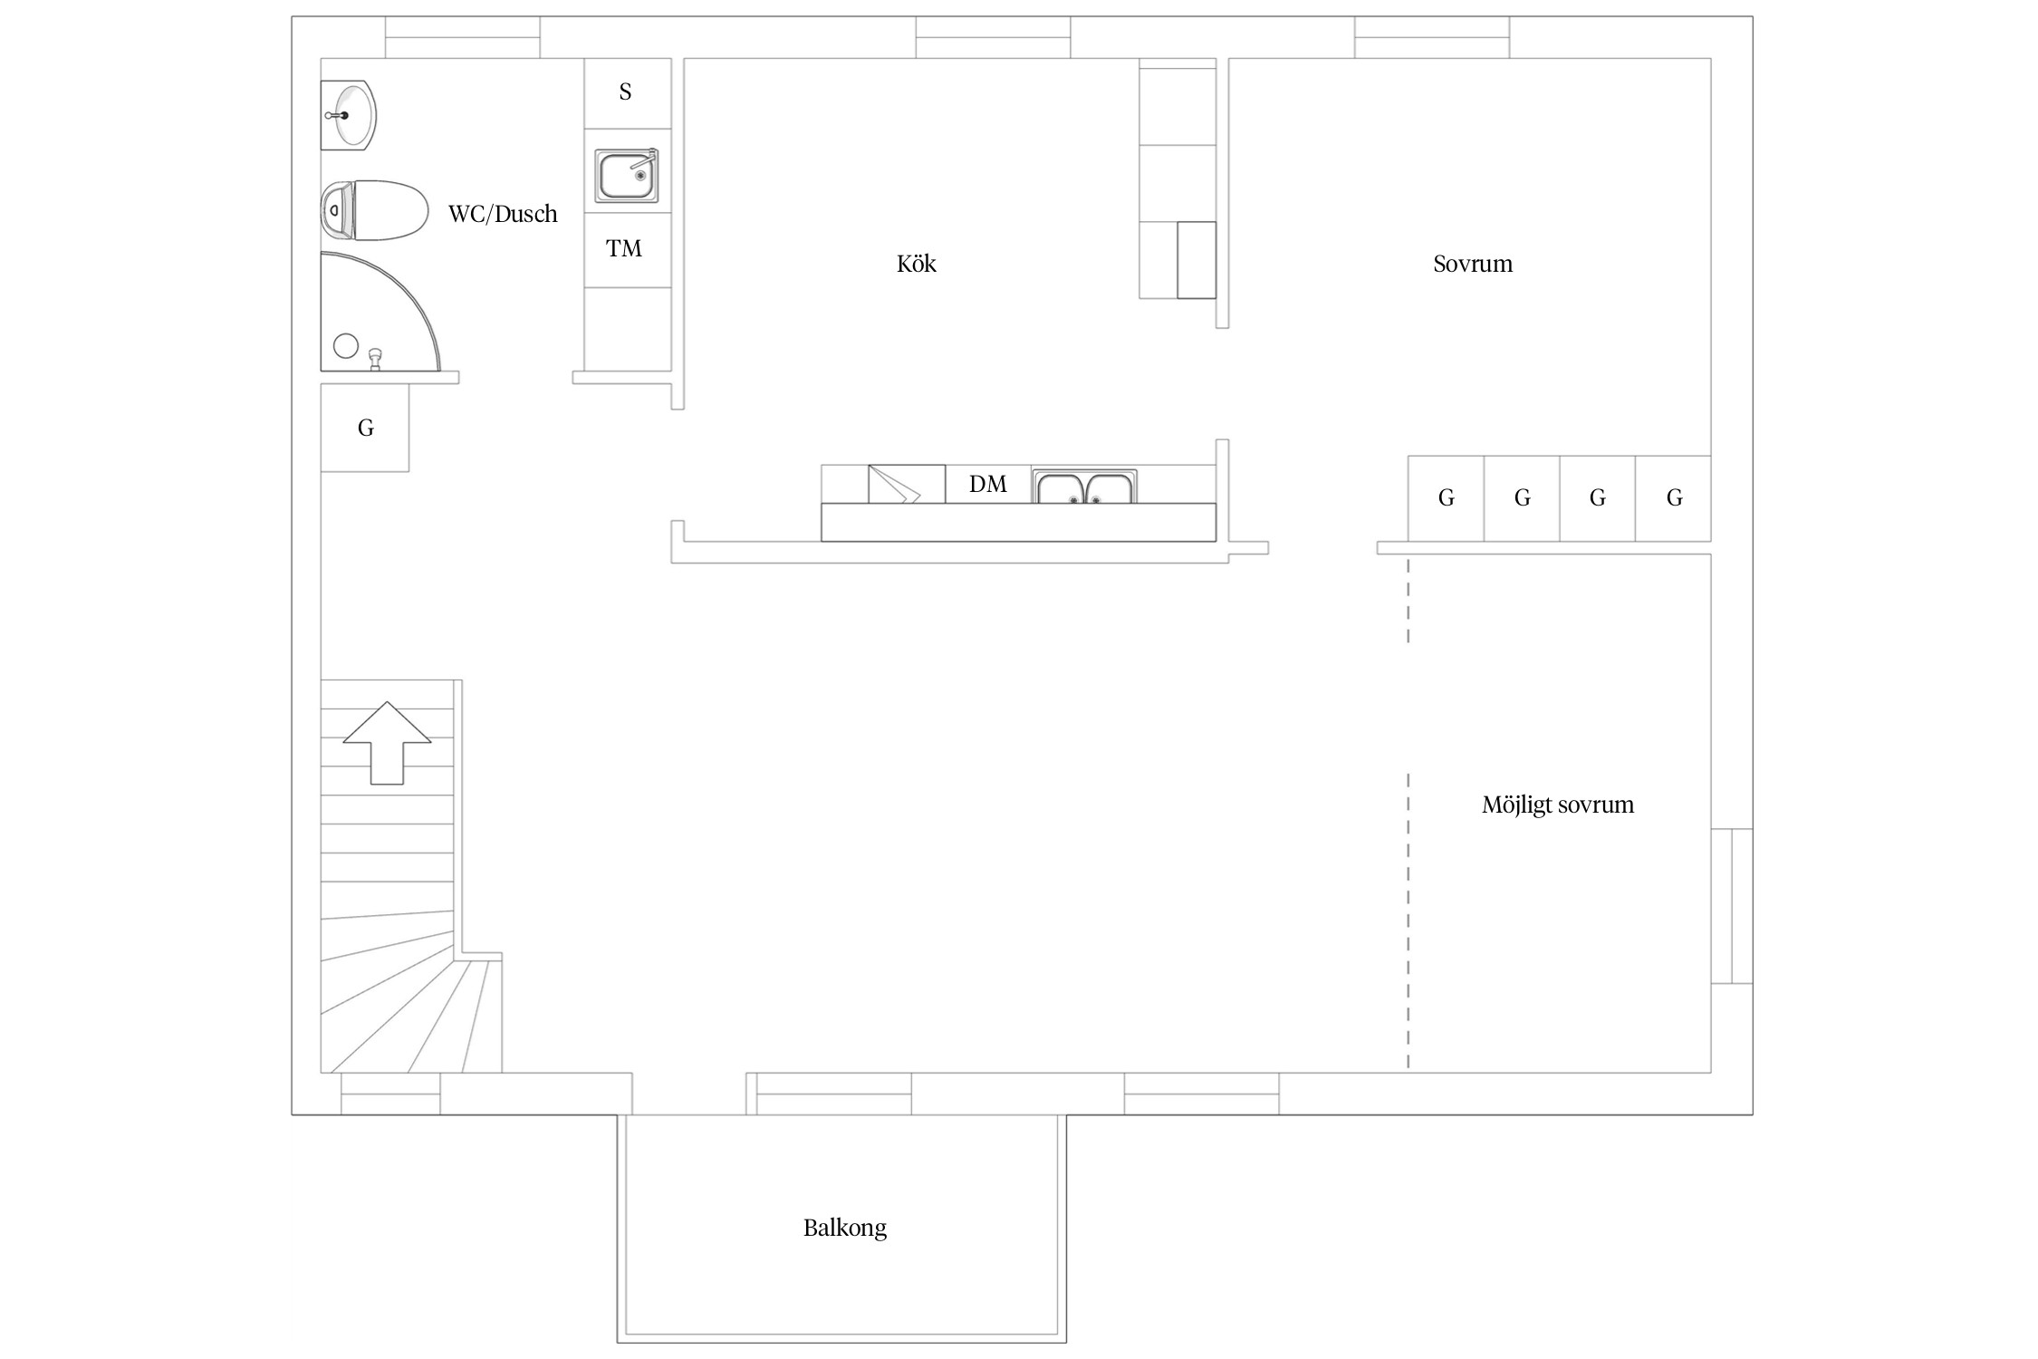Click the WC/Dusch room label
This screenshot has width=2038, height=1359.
(503, 214)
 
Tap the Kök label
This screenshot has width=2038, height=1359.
(916, 264)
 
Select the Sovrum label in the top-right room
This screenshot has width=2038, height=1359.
(1473, 264)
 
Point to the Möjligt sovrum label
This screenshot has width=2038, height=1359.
(1558, 805)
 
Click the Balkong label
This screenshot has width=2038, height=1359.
(845, 1229)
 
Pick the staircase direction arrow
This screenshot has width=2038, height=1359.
(387, 742)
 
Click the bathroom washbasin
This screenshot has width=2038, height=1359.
(349, 116)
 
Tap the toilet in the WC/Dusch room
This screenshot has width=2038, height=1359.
(374, 210)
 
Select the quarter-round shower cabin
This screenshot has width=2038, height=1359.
(380, 312)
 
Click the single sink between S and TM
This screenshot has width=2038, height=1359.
(627, 176)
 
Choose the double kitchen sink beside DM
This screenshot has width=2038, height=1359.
(1084, 487)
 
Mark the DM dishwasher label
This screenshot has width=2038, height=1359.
(988, 485)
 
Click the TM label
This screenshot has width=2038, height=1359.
(624, 249)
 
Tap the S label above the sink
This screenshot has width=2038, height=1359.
(625, 92)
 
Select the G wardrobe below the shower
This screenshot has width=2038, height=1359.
(365, 428)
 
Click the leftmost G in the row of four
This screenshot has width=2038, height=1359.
(1447, 498)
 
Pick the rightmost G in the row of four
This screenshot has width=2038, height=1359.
(1674, 498)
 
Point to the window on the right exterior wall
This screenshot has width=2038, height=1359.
(1732, 906)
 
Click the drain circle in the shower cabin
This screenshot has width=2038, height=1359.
(346, 345)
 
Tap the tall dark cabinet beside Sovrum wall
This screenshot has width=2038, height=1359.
(1197, 260)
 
